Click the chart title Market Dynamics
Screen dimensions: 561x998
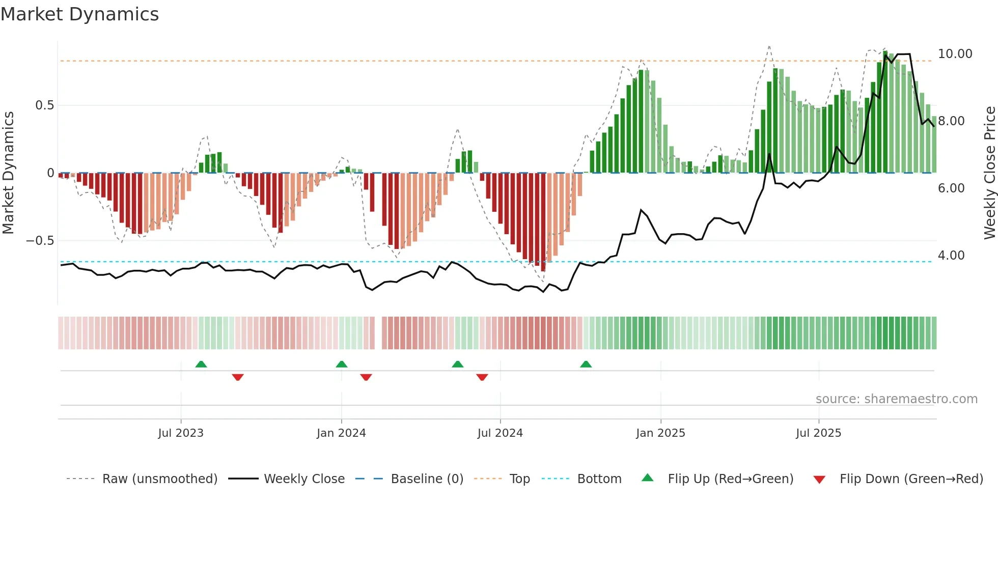(x=79, y=14)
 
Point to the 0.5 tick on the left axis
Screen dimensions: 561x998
(x=44, y=105)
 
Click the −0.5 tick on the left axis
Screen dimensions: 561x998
(x=40, y=240)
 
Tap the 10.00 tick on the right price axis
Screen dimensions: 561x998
(x=955, y=54)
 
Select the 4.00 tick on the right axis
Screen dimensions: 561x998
(x=951, y=256)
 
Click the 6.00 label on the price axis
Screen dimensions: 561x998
(x=951, y=188)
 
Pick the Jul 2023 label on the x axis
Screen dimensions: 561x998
(x=181, y=433)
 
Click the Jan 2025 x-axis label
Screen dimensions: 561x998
(x=660, y=433)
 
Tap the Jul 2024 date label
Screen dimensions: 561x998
(x=500, y=433)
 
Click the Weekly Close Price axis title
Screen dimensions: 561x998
(x=989, y=173)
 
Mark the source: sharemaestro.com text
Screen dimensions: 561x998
(x=896, y=399)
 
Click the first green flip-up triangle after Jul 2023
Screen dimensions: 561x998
(x=201, y=364)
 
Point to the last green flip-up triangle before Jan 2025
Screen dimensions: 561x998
(x=586, y=364)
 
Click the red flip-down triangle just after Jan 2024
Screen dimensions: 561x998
(x=366, y=377)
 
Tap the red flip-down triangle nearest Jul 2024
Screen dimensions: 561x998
(x=482, y=377)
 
